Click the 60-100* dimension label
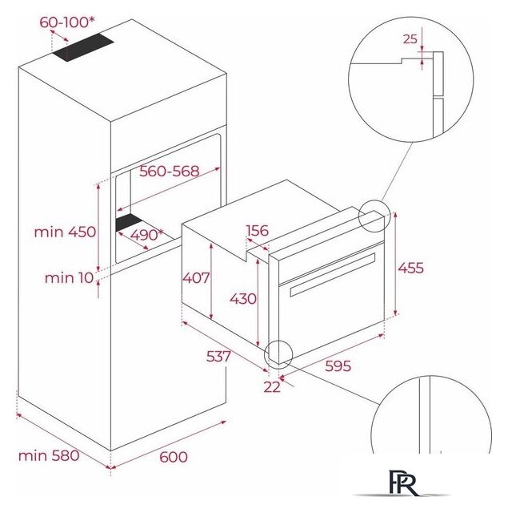(67, 22)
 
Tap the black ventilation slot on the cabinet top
(83, 48)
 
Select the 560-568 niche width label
(169, 171)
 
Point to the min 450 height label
(65, 232)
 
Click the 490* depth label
(146, 235)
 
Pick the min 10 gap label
(70, 278)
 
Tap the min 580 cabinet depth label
(49, 456)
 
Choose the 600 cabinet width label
(174, 457)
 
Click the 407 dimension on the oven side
(196, 278)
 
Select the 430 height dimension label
(243, 299)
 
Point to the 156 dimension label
(258, 231)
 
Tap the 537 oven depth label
(218, 356)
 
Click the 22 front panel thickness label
(272, 387)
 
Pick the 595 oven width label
(338, 366)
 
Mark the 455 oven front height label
(410, 268)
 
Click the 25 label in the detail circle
(410, 39)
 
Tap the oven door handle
(332, 274)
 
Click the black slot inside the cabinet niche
(130, 222)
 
